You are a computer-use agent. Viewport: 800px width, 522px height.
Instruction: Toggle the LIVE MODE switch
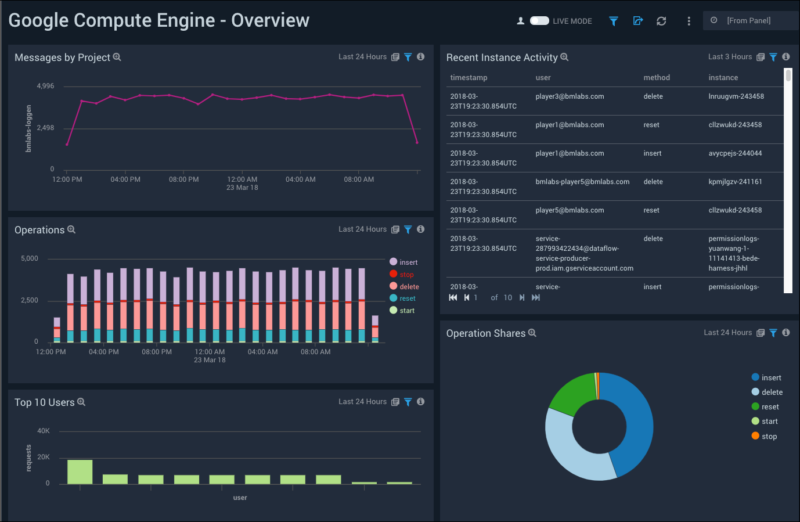(x=539, y=21)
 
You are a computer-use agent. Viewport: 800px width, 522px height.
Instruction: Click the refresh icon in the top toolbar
(x=661, y=21)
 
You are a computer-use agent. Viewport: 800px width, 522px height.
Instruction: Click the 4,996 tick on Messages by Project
(x=45, y=86)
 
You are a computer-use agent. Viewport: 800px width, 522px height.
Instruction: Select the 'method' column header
(x=657, y=78)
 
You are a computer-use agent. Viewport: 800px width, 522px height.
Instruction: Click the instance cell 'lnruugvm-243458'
(x=736, y=96)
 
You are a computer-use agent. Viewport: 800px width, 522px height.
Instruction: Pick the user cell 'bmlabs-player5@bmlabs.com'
(x=582, y=182)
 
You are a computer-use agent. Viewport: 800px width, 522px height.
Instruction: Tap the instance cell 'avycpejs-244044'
(x=735, y=153)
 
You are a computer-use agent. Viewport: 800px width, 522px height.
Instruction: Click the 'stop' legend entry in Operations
(x=406, y=275)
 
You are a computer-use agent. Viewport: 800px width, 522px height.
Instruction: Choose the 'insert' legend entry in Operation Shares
(x=771, y=377)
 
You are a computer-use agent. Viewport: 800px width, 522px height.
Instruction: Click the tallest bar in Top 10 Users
(x=80, y=471)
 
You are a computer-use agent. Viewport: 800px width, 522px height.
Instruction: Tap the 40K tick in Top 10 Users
(x=44, y=431)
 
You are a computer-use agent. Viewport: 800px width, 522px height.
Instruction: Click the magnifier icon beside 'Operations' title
(x=71, y=229)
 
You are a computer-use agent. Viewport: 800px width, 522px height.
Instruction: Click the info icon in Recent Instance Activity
(x=786, y=57)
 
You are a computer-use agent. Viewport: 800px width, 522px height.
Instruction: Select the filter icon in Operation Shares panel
(x=773, y=333)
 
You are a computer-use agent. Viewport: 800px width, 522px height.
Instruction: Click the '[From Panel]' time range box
(x=749, y=21)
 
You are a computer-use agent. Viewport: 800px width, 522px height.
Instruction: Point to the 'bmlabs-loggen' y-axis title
(x=28, y=128)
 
